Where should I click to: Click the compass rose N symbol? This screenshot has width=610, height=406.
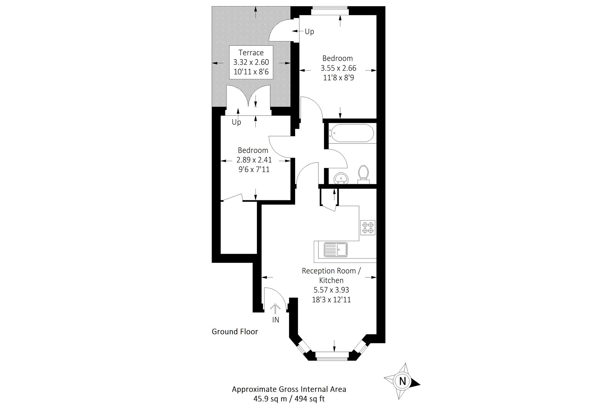pyautogui.click(x=402, y=380)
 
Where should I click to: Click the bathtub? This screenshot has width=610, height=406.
pyautogui.click(x=350, y=134)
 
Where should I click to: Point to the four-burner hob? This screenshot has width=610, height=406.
pyautogui.click(x=368, y=227)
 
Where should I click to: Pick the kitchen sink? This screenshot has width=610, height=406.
pyautogui.click(x=336, y=250)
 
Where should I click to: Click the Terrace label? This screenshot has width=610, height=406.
pyautogui.click(x=251, y=53)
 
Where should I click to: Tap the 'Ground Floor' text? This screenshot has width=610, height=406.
pyautogui.click(x=235, y=332)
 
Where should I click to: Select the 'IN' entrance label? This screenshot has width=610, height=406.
pyautogui.click(x=276, y=320)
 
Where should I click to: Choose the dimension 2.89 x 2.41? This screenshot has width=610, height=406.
pyautogui.click(x=254, y=160)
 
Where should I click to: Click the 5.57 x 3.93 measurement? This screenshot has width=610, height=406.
pyautogui.click(x=331, y=290)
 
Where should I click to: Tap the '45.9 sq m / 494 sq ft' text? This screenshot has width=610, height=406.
pyautogui.click(x=289, y=399)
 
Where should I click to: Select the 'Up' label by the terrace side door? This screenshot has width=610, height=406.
pyautogui.click(x=310, y=32)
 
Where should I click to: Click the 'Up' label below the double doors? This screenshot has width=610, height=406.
pyautogui.click(x=236, y=122)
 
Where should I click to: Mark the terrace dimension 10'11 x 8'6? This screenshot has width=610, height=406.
pyautogui.click(x=251, y=71)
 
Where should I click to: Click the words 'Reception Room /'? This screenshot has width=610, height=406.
pyautogui.click(x=331, y=271)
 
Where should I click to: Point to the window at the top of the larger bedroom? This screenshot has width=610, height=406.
pyautogui.click(x=330, y=11)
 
